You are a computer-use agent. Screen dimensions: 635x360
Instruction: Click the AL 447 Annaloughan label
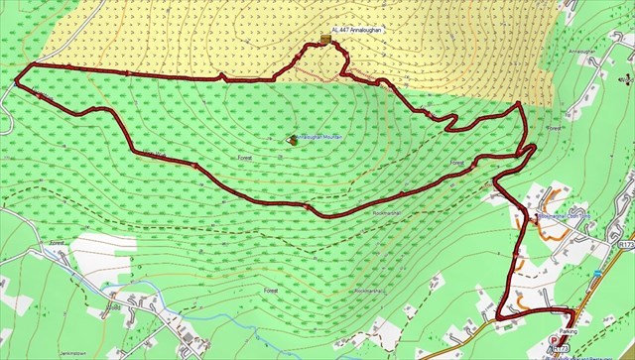[359, 31]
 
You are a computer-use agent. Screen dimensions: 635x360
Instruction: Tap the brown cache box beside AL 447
[325, 39]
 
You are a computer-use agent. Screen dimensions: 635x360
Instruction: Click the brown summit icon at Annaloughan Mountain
[292, 139]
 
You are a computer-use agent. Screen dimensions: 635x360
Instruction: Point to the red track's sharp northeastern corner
[519, 103]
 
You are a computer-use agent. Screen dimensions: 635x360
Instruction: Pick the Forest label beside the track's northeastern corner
[554, 129]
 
